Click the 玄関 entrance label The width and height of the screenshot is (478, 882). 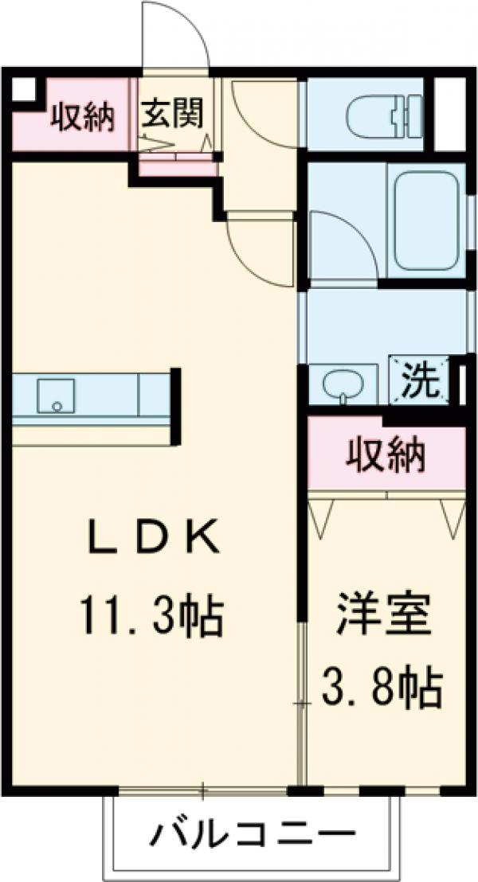tap(173, 114)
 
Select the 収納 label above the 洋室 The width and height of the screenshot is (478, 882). tap(386, 456)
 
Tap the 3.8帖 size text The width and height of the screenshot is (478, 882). tap(382, 686)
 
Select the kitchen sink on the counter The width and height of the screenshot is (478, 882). tap(55, 395)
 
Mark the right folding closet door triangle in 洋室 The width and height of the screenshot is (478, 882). tap(453, 517)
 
